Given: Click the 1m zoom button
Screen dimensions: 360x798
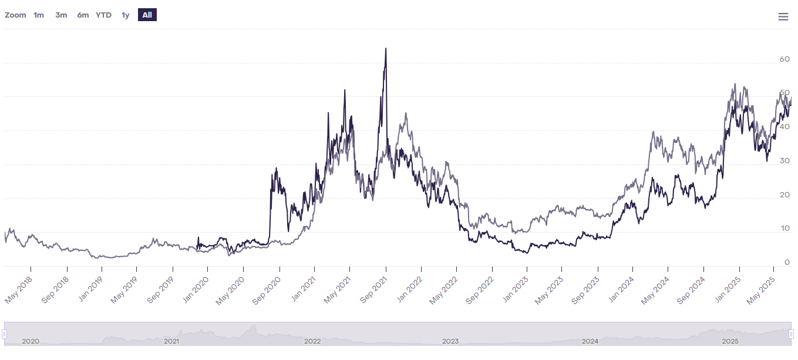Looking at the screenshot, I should pos(39,15).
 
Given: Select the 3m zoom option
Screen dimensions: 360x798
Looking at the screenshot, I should pos(61,15).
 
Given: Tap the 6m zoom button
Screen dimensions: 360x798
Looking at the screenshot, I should pos(83,15).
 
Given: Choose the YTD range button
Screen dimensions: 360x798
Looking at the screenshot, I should pos(103,15).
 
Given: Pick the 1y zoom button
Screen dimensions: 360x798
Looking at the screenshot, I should pos(125,15).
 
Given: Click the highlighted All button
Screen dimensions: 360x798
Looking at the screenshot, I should pos(147,15).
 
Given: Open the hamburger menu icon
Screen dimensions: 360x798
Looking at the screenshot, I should pos(783,16).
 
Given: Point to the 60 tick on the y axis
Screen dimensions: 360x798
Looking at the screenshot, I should pos(784,59).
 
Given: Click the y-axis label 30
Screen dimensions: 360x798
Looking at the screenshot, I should pos(784,161).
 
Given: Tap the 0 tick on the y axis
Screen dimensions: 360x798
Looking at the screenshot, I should pos(787,263).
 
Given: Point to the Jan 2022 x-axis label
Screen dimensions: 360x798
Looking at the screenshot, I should pos(410,290).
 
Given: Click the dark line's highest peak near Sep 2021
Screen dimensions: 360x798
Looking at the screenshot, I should pos(385,49).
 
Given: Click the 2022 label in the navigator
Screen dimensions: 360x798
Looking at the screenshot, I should pos(312,341).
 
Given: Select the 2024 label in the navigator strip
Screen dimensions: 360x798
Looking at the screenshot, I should pos(590,341).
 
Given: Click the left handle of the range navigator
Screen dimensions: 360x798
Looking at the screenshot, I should pos(4,334).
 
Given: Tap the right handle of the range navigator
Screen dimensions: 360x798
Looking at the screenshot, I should pos(792,334).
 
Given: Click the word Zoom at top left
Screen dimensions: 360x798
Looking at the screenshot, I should pos(15,15).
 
